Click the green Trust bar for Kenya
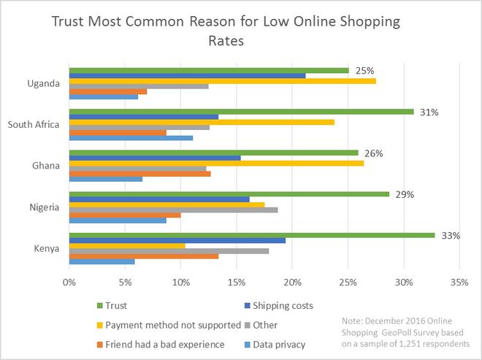pos(251,236)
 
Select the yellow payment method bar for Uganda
pos(222,81)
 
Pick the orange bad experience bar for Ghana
pos(139,174)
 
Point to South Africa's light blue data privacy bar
pos(131,137)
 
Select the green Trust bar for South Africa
pos(241,112)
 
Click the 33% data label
pos(451,236)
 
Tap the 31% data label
pos(429,112)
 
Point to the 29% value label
pos(405,195)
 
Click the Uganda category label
pos(42,83)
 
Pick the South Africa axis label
pos(33,124)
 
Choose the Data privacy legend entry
pos(278,344)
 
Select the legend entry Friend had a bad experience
pos(164,344)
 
